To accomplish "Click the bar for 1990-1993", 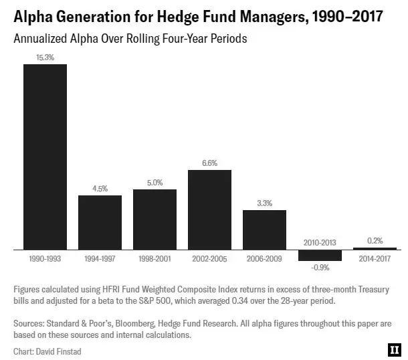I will click(45, 157).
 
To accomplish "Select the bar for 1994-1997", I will click(100, 222).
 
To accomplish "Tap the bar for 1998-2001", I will click(155, 219).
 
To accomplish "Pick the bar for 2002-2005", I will click(209, 209).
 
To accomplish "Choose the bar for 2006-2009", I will click(264, 230).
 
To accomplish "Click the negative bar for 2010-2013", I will click(320, 255).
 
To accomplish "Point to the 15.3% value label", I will click(45, 58).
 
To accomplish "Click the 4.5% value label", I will click(100, 189).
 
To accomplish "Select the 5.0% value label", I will click(155, 183).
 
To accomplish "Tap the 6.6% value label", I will click(209, 163).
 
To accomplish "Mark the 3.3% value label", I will click(264, 203).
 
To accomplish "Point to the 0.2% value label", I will click(375, 241).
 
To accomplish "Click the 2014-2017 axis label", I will click(375, 258).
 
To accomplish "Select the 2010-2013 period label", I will click(320, 242).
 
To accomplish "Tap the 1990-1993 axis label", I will click(45, 258).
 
